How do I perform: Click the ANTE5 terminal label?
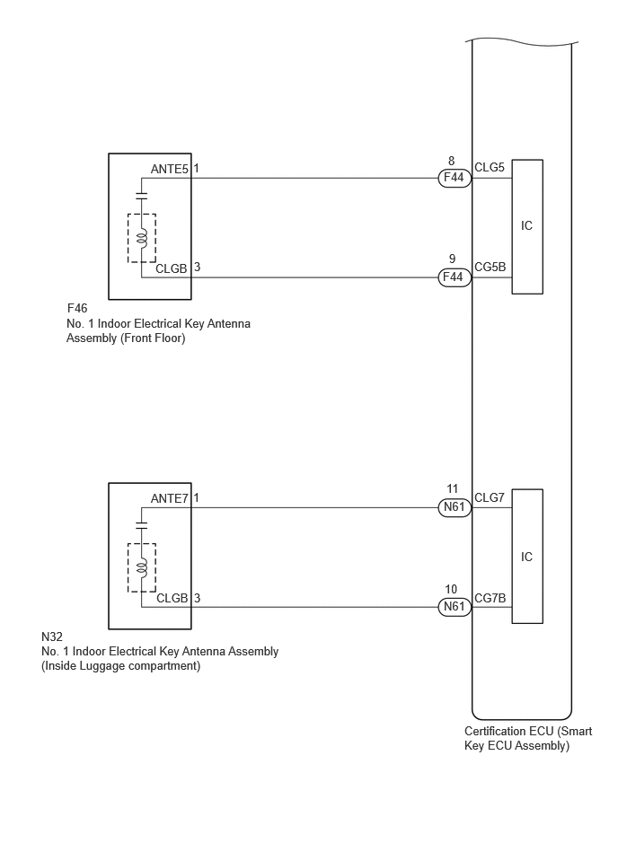[x=170, y=169]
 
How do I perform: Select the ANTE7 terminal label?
[x=170, y=498]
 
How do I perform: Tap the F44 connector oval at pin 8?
[x=455, y=178]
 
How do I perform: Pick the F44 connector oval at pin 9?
[x=455, y=277]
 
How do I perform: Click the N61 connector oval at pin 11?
[x=455, y=507]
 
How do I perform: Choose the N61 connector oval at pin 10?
[x=455, y=607]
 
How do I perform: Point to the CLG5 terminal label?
[x=490, y=167]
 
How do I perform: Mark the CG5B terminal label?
[x=490, y=267]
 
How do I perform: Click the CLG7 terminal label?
[x=490, y=497]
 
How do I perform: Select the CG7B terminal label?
[x=490, y=598]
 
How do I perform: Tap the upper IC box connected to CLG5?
[x=527, y=226]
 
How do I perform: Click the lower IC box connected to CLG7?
[x=527, y=557]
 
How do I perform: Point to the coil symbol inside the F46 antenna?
[x=142, y=237]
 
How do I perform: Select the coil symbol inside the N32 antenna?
[x=142, y=567]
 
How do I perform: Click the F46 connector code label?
[x=76, y=309]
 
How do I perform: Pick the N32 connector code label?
[x=52, y=637]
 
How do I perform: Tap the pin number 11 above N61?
[x=452, y=489]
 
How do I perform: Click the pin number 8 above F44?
[x=452, y=161]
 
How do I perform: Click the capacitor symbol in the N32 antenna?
[x=142, y=525]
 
